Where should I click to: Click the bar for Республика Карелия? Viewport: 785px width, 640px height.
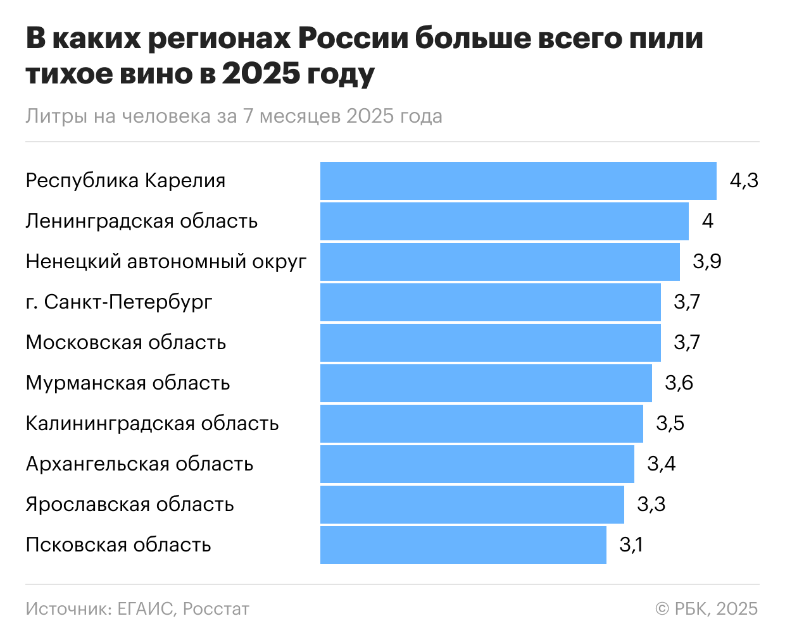[x=518, y=181]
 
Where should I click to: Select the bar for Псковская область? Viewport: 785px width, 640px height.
[x=463, y=545]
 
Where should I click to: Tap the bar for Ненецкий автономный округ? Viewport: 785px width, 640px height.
[x=499, y=262]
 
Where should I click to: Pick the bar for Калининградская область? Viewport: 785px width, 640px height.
[x=481, y=424]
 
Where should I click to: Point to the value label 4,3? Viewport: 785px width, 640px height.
[x=743, y=181]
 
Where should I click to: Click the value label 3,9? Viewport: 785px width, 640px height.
[x=706, y=262]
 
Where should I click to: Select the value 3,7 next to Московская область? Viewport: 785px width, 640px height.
[x=687, y=343]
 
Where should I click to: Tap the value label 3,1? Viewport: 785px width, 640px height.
[x=631, y=545]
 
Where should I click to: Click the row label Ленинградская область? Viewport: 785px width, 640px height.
[x=141, y=221]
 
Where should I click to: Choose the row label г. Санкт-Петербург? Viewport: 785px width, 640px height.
[x=119, y=302]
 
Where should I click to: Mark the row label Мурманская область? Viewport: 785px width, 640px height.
[x=127, y=383]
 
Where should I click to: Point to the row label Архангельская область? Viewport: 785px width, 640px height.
[x=139, y=464]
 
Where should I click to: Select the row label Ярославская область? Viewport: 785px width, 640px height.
[x=130, y=505]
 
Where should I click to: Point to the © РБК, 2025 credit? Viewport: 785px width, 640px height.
[x=706, y=608]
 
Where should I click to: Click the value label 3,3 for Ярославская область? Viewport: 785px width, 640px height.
[x=651, y=505]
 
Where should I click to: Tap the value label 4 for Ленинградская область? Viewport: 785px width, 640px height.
[x=707, y=221]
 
